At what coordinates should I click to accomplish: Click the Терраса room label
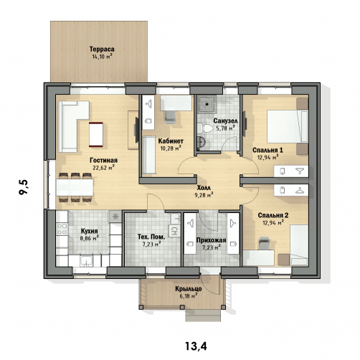point(102,49)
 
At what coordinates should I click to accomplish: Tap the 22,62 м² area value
point(103,168)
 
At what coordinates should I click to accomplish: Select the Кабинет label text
point(171,141)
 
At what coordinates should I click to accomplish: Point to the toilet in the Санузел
point(204,128)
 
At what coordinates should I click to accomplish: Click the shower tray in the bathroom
point(207,104)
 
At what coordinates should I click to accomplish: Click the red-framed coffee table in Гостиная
point(96,134)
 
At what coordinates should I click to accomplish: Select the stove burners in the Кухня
point(62,229)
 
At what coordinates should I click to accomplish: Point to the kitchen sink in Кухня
point(86,260)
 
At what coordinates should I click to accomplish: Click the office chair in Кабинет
point(169,117)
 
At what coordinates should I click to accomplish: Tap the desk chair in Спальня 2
point(265,244)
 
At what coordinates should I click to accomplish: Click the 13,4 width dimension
point(196,346)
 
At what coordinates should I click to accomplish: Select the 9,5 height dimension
point(24,187)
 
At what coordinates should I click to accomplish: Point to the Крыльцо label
point(189,289)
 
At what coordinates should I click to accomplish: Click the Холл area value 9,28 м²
point(204,195)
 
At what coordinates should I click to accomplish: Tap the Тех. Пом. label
point(151,237)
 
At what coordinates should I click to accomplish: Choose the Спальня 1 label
point(267,150)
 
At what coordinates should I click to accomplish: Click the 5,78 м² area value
point(225,128)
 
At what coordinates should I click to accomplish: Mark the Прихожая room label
point(211,240)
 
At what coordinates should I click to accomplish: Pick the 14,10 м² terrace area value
point(102,57)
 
